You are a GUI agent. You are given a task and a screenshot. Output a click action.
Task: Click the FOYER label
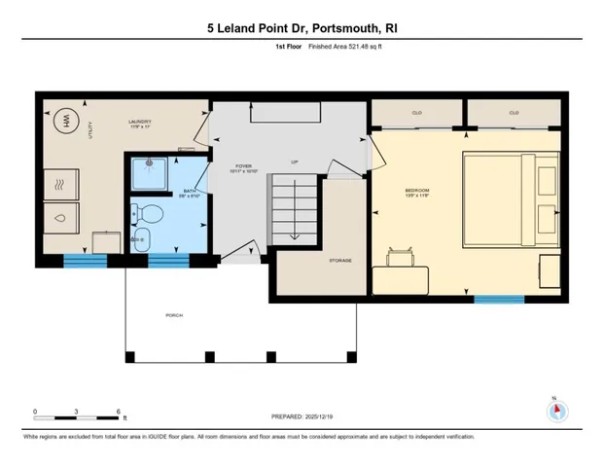tap(243, 166)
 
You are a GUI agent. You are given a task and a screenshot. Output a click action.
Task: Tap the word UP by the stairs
tap(294, 162)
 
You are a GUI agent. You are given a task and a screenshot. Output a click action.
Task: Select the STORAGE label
tap(339, 261)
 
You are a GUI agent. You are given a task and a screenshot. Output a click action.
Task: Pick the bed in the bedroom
tap(510, 198)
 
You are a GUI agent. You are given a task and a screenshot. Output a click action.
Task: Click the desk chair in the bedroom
tap(401, 257)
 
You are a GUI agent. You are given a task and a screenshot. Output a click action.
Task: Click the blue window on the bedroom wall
tap(492, 299)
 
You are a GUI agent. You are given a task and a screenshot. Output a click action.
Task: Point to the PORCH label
tap(175, 315)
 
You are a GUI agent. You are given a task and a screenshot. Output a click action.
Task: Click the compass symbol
tap(557, 410)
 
